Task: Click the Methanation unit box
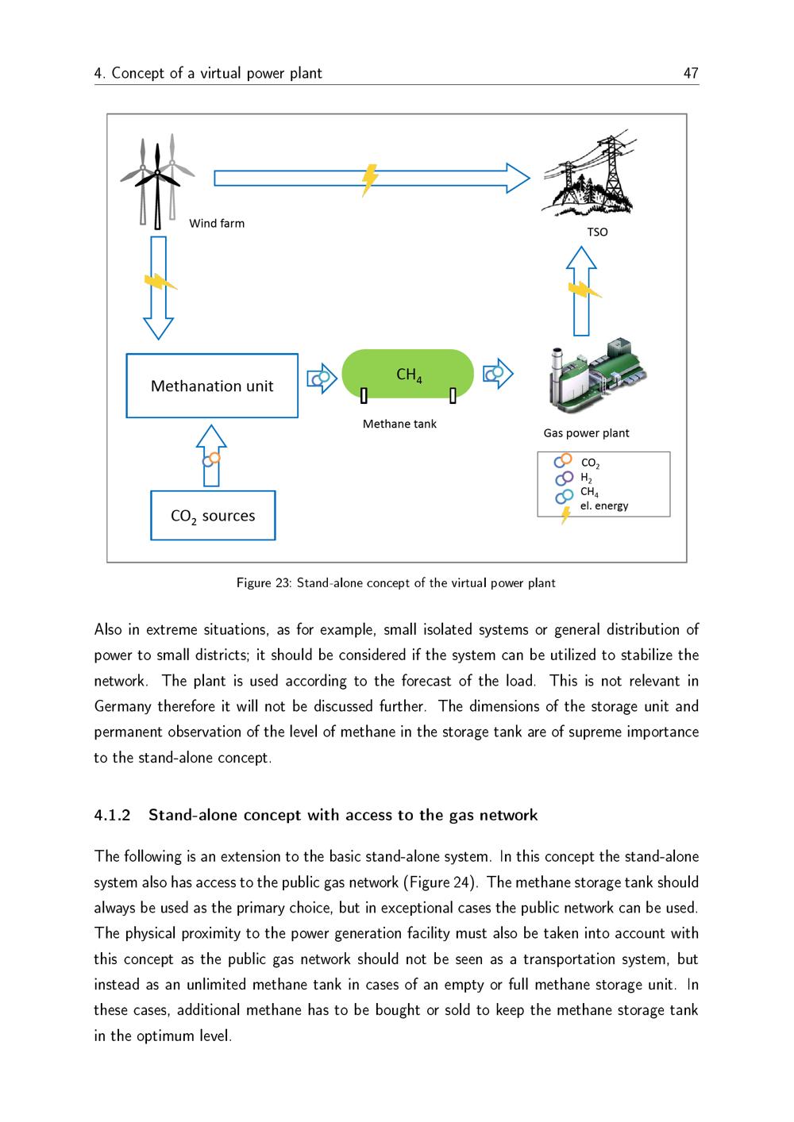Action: (212, 386)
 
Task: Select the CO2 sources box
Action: (213, 516)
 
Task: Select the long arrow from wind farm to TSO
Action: (372, 178)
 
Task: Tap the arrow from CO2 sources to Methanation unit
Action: (211, 455)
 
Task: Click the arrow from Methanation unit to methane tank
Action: (322, 378)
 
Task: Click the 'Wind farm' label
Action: (217, 224)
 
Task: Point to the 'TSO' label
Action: (597, 232)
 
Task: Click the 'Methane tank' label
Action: (399, 425)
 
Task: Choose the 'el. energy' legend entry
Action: (603, 506)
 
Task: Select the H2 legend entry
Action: (586, 478)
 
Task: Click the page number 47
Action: (691, 73)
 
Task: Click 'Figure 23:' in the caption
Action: (264, 583)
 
